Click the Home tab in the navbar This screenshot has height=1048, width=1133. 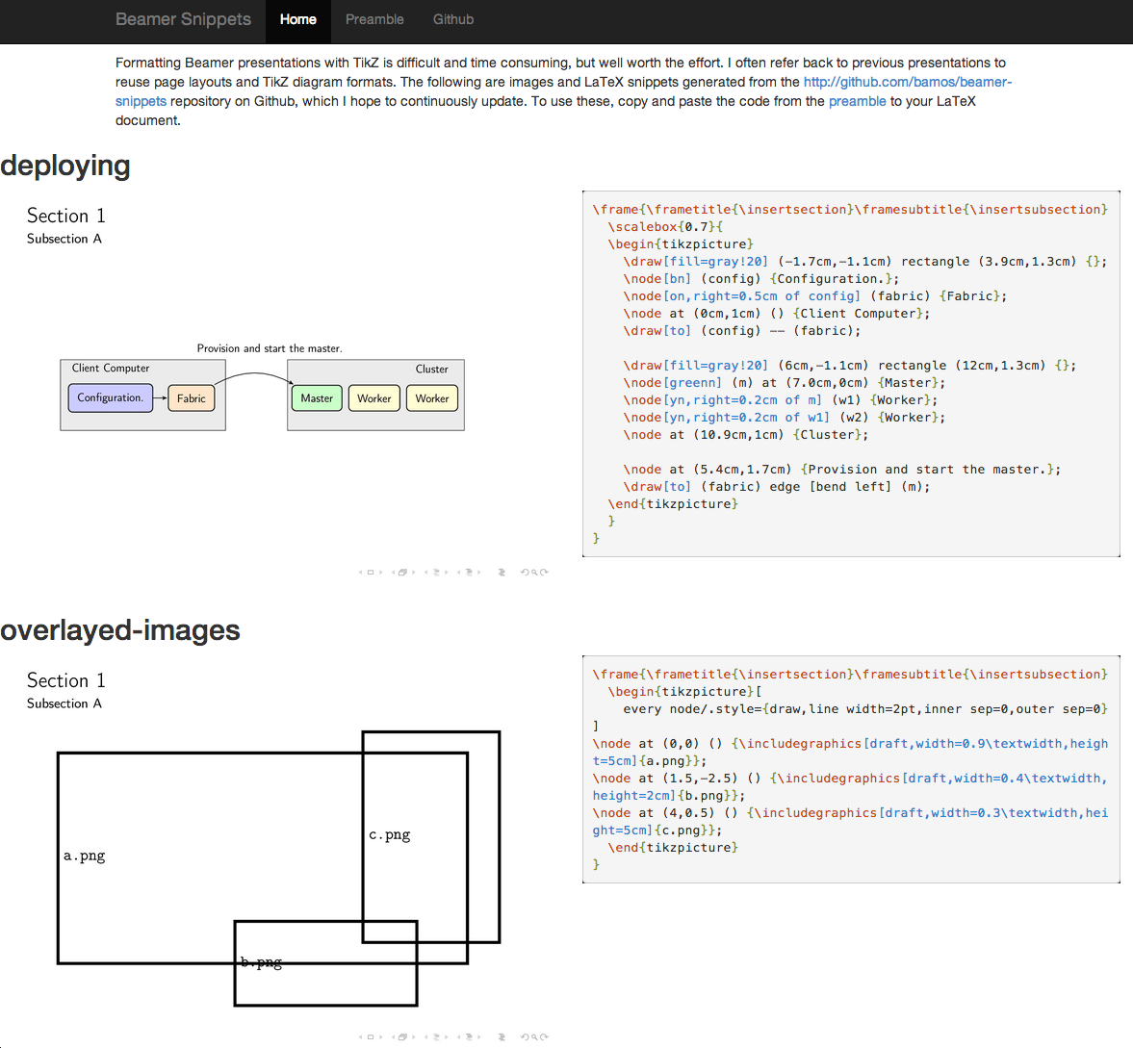tap(297, 19)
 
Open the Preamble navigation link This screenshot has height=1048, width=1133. tap(374, 19)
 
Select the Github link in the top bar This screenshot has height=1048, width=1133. tap(452, 19)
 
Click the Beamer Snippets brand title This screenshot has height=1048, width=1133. tap(183, 19)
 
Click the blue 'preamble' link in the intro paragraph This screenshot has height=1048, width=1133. tap(857, 101)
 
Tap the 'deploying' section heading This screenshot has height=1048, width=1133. tap(65, 166)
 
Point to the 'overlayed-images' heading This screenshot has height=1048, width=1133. tap(120, 630)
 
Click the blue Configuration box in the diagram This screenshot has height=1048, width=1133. tap(110, 397)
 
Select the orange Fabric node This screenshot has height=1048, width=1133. tap(191, 398)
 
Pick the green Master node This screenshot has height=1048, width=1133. tap(317, 398)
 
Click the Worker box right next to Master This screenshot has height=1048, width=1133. tap(373, 398)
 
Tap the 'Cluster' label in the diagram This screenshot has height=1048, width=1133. tap(431, 370)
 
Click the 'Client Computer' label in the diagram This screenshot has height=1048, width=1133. tap(111, 369)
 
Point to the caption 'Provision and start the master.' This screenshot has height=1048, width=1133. tap(270, 348)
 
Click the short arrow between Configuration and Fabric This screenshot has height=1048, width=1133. tap(160, 398)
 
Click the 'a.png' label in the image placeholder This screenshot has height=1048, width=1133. tap(85, 856)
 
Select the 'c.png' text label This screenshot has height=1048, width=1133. tap(390, 834)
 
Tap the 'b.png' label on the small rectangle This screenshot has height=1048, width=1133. tap(261, 961)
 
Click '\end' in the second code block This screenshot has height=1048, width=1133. tap(623, 848)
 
